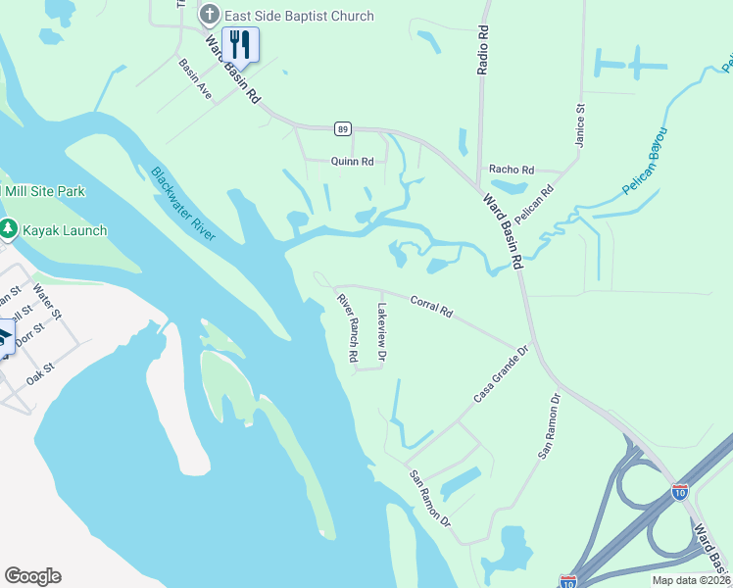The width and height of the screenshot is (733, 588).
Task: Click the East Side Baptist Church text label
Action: (x=299, y=16)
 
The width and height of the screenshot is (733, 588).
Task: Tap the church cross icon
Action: (x=208, y=16)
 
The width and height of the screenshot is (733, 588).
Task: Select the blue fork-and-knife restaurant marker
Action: (x=240, y=44)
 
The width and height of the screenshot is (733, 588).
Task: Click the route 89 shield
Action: (x=342, y=128)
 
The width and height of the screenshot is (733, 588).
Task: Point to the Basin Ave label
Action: (x=195, y=78)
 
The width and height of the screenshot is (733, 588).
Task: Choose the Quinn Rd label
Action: (x=353, y=162)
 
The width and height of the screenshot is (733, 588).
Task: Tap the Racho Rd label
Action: (x=514, y=170)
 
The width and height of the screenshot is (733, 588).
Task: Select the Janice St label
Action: (x=579, y=125)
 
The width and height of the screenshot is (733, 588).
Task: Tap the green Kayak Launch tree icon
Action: (x=9, y=229)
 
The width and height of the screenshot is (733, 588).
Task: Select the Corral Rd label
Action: (x=431, y=307)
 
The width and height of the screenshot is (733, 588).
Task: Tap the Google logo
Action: (x=32, y=576)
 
